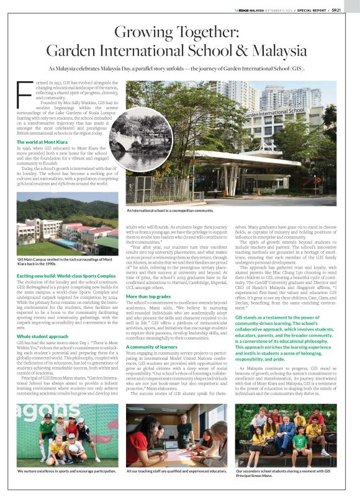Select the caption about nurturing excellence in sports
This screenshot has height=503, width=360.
67,471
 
